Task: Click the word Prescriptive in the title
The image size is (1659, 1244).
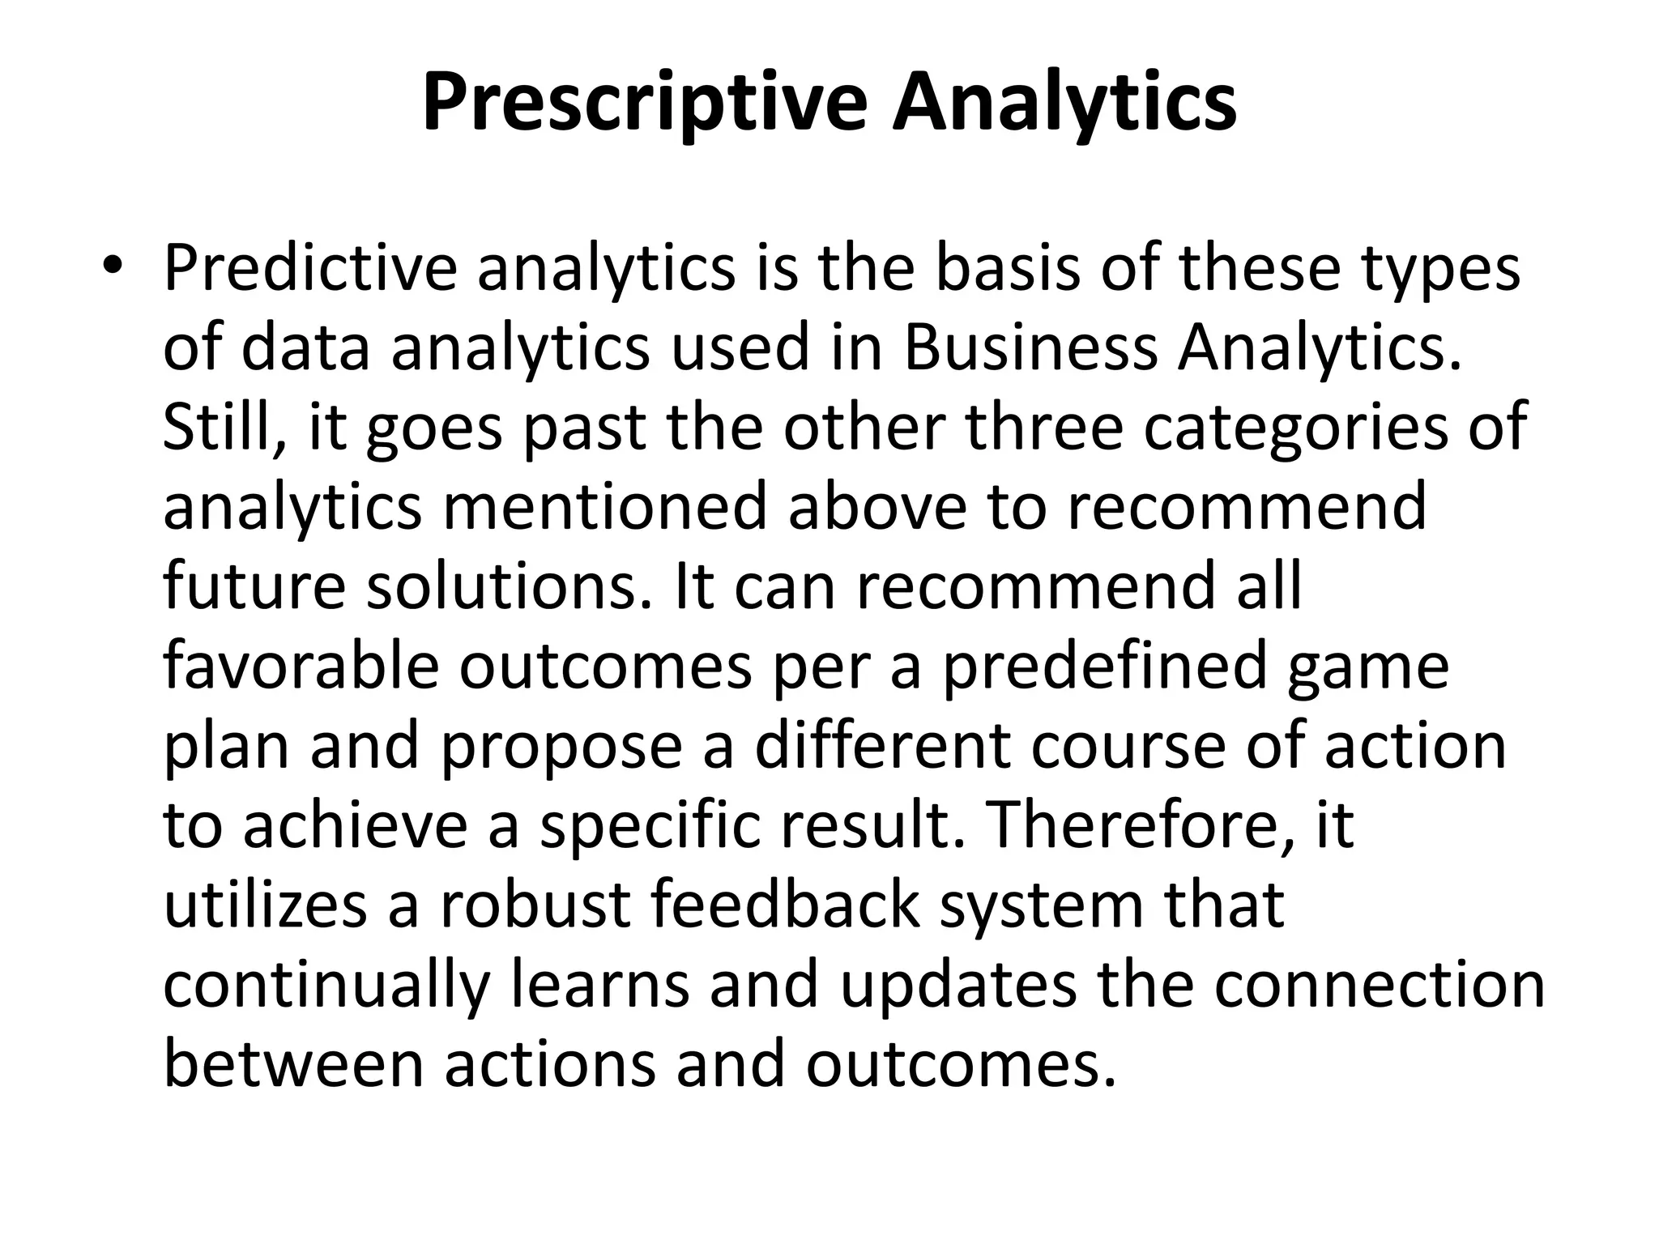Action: click(x=645, y=104)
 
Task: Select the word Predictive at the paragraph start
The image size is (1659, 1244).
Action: click(x=310, y=269)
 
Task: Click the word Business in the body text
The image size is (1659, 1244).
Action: click(x=1030, y=348)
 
